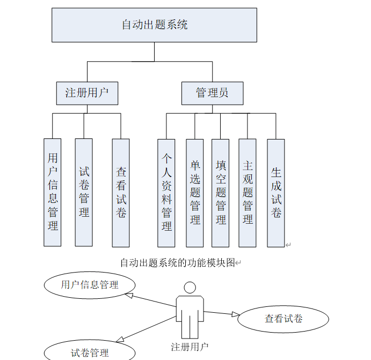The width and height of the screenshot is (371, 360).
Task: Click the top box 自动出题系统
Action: coord(154,25)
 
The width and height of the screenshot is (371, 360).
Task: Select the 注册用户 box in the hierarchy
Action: coord(87,93)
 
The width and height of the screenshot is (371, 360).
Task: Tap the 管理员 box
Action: coord(212,93)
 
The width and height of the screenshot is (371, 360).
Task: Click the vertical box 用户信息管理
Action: coord(53,192)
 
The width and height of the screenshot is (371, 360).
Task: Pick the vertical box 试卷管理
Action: coord(84,192)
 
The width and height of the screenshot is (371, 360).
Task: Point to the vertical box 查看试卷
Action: coord(121,192)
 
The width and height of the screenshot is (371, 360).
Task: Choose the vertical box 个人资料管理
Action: coord(166,193)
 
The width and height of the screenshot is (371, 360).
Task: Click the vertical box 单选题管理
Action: coord(195,193)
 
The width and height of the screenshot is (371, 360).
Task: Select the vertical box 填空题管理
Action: coord(220,193)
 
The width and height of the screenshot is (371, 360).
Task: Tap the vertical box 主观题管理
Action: coord(248,193)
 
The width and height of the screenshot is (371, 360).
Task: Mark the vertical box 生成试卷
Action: coord(276,193)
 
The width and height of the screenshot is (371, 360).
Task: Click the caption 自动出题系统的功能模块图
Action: coord(178,263)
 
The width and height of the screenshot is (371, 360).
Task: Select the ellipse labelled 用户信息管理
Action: coord(89,285)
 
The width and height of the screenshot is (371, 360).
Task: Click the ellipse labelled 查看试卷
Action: coord(283,319)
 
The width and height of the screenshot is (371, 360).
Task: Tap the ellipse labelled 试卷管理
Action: coord(90,352)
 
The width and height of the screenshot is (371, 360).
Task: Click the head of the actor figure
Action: coord(190,287)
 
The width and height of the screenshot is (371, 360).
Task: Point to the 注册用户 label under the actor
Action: coord(190,347)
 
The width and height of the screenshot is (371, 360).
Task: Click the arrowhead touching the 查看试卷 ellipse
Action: coord(235,314)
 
